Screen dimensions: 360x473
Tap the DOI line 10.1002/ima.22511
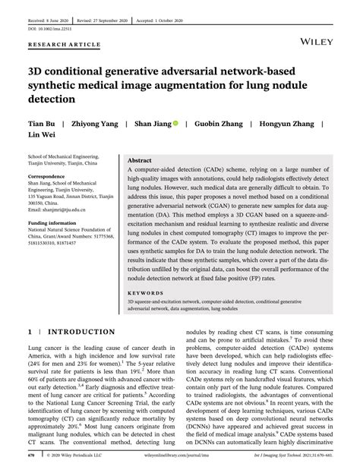pos(51,22)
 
